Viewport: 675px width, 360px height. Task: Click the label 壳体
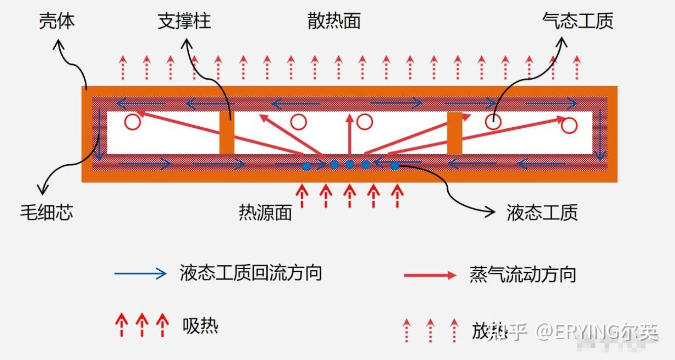click(57, 22)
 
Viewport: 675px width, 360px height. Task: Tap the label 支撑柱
click(184, 22)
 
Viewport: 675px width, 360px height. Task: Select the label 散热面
click(334, 22)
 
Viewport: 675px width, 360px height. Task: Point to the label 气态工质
click(578, 21)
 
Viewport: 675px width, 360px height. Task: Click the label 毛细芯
click(47, 211)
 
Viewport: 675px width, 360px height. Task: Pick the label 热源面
click(265, 212)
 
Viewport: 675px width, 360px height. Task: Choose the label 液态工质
click(542, 212)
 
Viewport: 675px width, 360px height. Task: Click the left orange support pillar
click(227, 133)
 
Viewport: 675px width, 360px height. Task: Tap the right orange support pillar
click(454, 133)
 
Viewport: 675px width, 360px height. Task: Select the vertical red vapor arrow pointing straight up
click(349, 133)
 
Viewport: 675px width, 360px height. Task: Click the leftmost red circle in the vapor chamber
click(133, 122)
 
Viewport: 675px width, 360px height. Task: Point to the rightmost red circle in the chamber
click(570, 125)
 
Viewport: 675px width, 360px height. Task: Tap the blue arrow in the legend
click(140, 274)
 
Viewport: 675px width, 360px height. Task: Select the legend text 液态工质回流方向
click(251, 273)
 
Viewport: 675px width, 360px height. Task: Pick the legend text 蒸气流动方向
click(523, 275)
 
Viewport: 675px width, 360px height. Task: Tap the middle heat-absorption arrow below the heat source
click(349, 196)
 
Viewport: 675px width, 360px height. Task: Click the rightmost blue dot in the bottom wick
click(395, 166)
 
